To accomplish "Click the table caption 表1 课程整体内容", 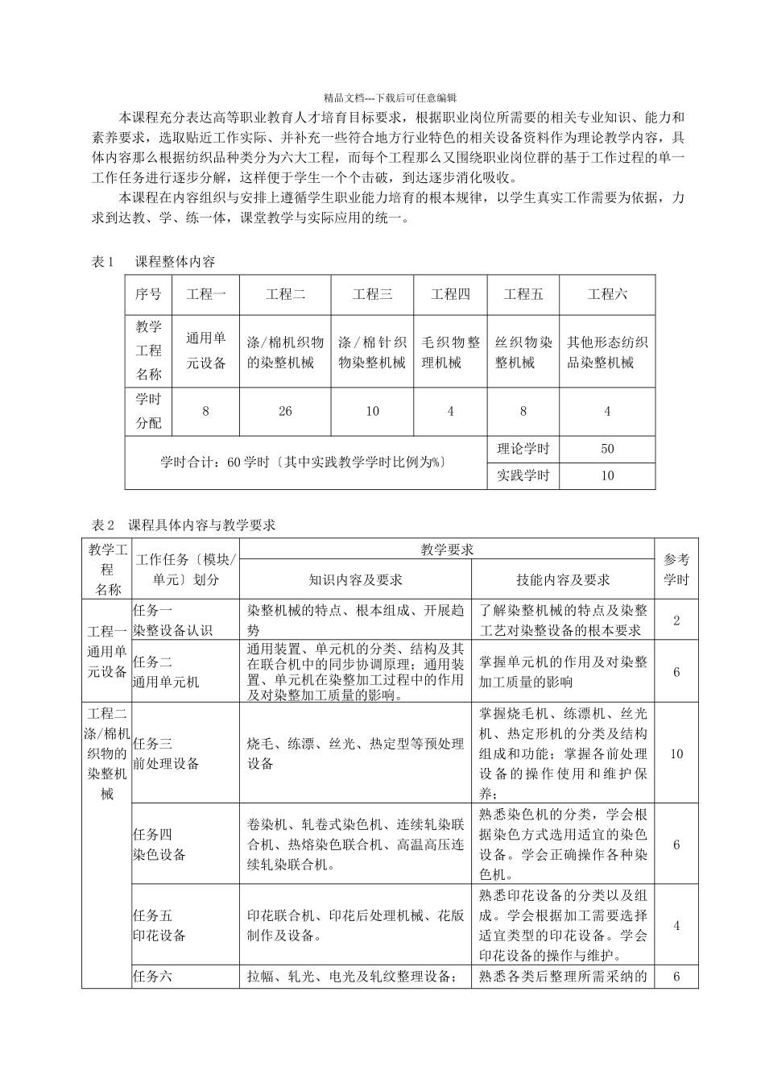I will [153, 262].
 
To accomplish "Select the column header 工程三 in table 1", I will [372, 294].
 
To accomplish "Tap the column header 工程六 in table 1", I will [607, 294].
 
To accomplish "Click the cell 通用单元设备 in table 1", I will [206, 351].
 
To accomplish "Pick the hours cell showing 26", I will [285, 411].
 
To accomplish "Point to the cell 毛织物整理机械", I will [450, 351].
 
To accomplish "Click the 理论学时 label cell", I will [523, 449].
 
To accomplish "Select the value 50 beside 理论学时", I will [607, 449].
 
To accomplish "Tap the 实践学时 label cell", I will [523, 475].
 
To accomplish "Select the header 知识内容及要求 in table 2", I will [355, 579].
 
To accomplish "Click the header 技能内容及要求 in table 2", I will [563, 579].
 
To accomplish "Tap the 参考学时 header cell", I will [676, 569].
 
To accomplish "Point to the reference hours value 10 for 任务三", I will [676, 753].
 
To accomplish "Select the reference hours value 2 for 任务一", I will [676, 620].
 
